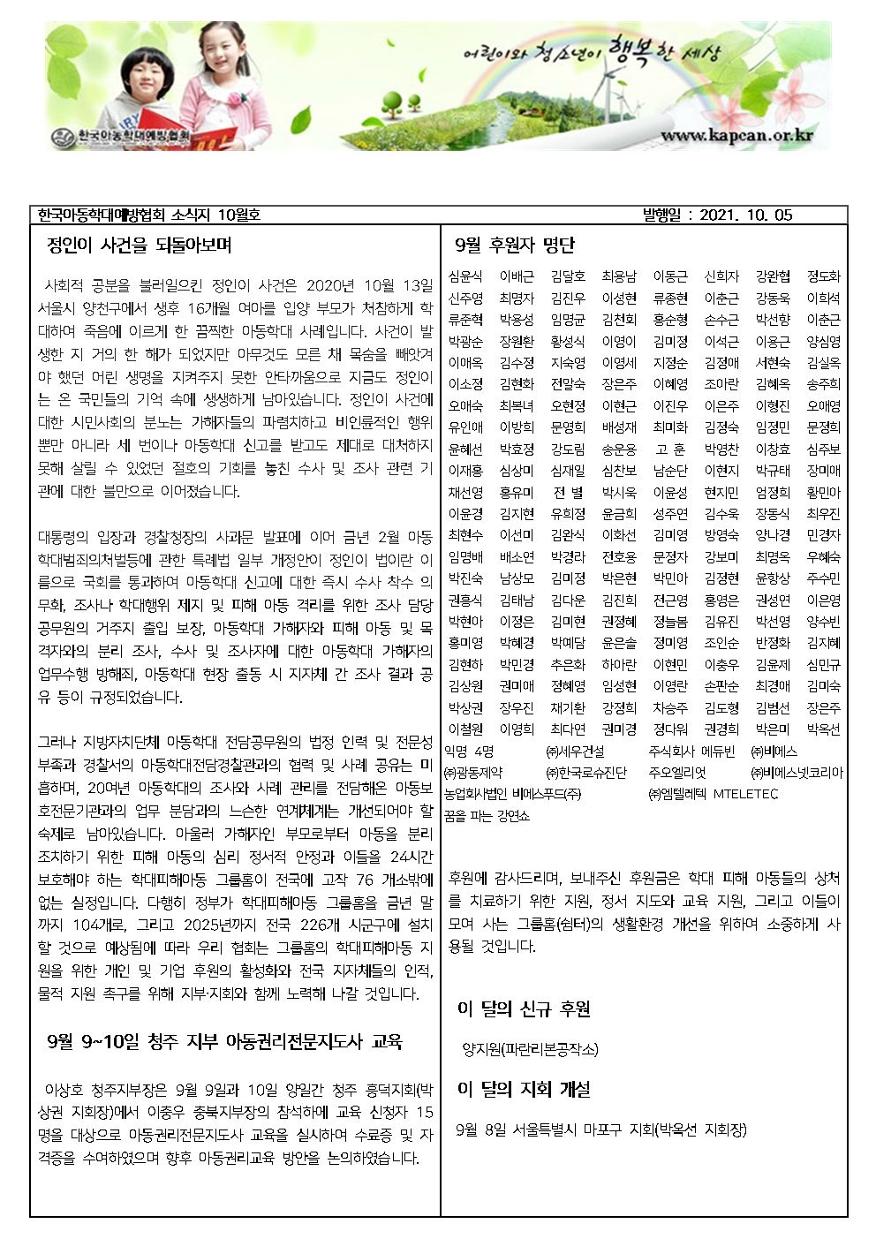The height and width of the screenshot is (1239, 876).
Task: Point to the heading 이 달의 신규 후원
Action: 525,1009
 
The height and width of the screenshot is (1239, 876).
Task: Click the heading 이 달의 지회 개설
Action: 525,1089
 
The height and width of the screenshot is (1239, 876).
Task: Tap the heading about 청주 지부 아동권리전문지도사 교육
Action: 224,1042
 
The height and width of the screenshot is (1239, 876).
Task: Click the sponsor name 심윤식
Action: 465,276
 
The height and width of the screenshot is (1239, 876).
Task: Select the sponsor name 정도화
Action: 823,276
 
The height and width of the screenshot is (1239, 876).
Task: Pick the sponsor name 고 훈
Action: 669,450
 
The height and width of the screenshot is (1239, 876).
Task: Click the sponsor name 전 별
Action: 567,493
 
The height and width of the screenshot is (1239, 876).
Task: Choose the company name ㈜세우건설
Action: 576,752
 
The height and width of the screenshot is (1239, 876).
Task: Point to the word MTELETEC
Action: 745,794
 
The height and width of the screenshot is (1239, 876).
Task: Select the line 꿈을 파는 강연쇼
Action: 487,816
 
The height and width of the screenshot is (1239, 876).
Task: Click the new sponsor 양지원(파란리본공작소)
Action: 530,1050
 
